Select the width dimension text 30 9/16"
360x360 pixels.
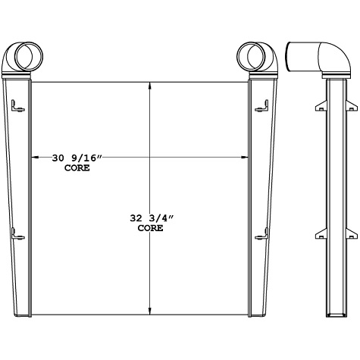76,158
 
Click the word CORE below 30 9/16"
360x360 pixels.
77,168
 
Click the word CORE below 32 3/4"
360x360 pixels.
152,227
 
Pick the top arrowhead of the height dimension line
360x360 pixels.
152,84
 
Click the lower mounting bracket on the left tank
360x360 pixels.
18,237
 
